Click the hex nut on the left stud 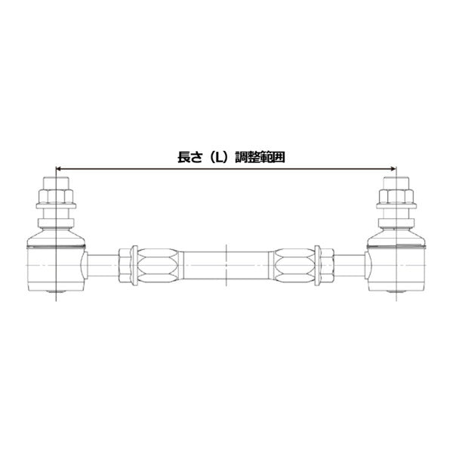coord(57,199)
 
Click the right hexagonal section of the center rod coord(294,264)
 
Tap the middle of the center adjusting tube coord(226,264)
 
